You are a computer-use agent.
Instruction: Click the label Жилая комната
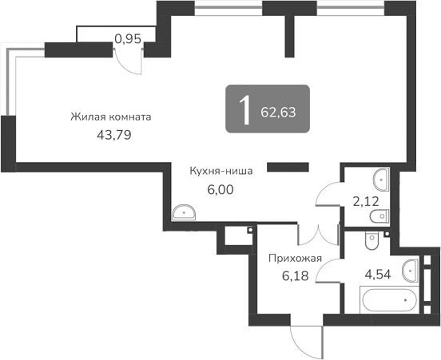coord(110,117)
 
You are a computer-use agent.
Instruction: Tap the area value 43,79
coord(113,134)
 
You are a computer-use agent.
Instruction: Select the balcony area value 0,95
coord(128,38)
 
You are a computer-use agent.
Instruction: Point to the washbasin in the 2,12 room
coord(381,179)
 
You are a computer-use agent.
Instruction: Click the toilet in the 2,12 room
coord(382,214)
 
